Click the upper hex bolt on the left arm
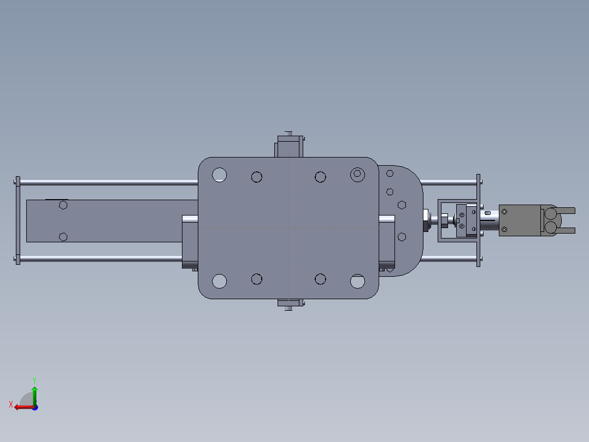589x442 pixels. point(63,205)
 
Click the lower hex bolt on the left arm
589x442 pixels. point(63,236)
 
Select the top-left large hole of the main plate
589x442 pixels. point(220,175)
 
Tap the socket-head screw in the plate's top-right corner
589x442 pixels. point(358,175)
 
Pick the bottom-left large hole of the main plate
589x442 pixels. point(220,281)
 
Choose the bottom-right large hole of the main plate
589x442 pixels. point(358,281)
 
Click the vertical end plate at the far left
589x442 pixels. point(18,220)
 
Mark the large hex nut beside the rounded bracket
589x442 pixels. point(425,220)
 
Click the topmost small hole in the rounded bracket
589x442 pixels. point(390,173)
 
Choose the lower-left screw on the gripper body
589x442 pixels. point(505,229)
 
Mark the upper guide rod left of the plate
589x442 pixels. point(109,182)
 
